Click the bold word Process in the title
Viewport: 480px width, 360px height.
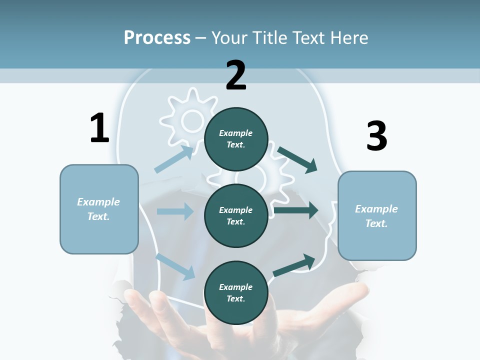coord(157,37)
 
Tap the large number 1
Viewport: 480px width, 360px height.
coord(99,128)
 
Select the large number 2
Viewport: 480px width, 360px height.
coord(236,76)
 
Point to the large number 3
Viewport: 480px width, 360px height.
coord(376,136)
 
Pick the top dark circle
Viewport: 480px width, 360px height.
coord(236,138)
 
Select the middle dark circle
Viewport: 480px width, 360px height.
coord(236,215)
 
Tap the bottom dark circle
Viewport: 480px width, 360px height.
coord(236,292)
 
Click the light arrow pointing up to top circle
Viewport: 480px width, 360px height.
coord(173,160)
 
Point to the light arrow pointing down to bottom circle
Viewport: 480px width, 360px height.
coord(175,266)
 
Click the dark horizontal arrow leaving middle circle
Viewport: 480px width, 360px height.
coord(296,210)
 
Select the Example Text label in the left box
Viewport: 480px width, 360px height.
coord(98,209)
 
